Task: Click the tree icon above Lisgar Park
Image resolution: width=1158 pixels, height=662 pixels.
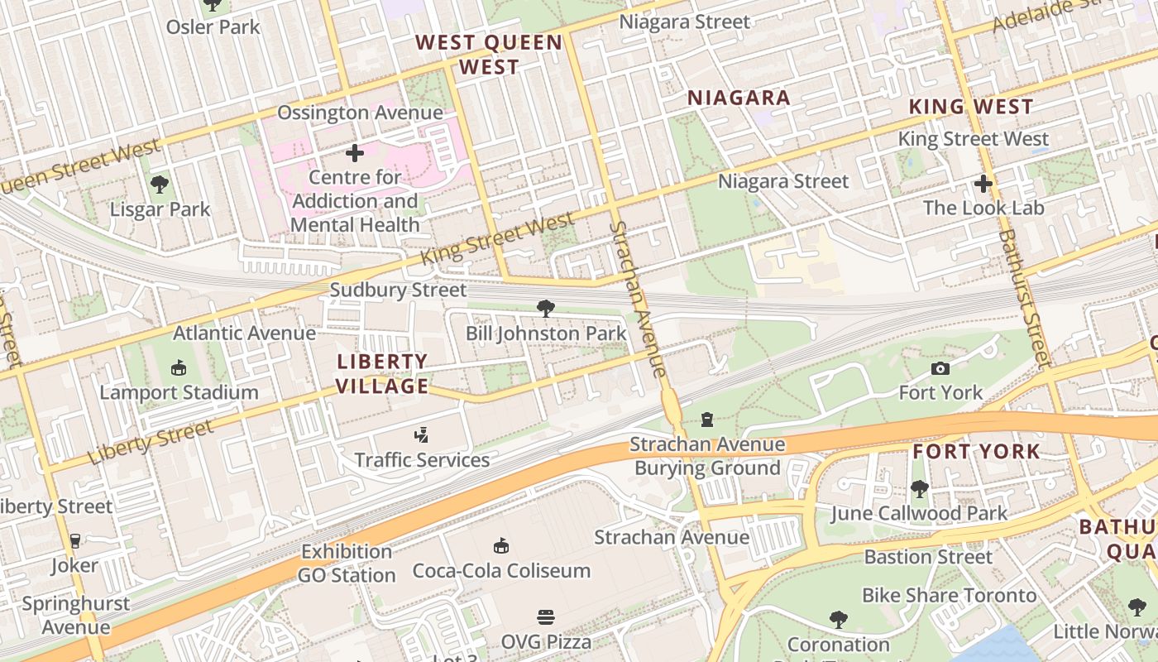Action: click(160, 185)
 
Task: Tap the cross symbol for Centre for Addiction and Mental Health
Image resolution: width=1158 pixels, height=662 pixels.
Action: click(355, 153)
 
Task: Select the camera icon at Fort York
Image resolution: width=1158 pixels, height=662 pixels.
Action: click(940, 368)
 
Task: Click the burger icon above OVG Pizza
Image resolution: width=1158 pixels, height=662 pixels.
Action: click(545, 616)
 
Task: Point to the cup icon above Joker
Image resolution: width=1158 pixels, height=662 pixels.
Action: click(75, 541)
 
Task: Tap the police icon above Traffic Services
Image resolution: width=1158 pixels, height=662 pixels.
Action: click(422, 434)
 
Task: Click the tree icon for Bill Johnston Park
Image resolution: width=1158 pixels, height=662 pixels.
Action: click(545, 309)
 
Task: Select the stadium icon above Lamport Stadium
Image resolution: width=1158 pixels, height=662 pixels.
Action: click(179, 367)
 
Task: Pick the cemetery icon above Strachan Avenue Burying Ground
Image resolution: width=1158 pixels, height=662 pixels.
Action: click(707, 420)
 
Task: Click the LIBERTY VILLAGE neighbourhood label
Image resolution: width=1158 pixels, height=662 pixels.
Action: click(382, 373)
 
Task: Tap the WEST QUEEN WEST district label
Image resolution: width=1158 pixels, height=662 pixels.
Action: click(489, 55)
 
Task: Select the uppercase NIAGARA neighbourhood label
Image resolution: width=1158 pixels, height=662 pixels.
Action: click(739, 98)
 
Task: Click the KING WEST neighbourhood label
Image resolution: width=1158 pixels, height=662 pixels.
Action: click(971, 107)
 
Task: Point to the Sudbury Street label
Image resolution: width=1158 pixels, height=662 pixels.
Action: click(398, 290)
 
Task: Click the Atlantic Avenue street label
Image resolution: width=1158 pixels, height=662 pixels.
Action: click(244, 333)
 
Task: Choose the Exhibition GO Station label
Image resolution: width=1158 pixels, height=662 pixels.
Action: click(347, 564)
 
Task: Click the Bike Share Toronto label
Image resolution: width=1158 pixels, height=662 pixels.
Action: click(949, 595)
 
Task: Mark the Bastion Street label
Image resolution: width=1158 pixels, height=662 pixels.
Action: click(927, 557)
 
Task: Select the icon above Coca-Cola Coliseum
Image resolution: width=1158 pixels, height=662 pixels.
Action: click(501, 545)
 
